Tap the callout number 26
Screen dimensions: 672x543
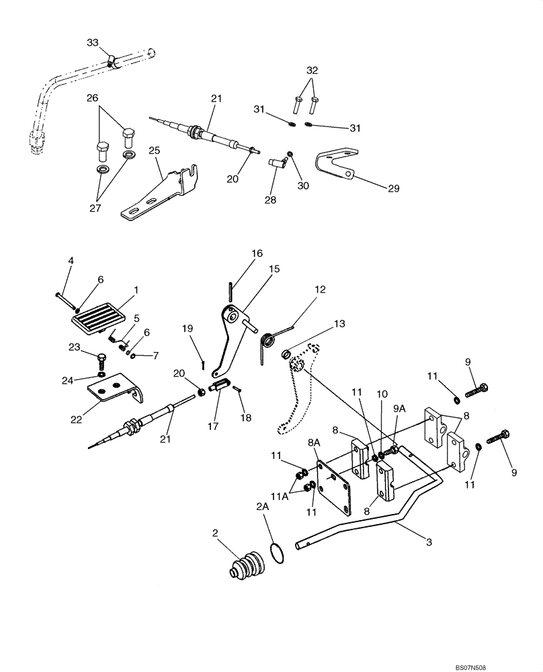coord(92,97)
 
